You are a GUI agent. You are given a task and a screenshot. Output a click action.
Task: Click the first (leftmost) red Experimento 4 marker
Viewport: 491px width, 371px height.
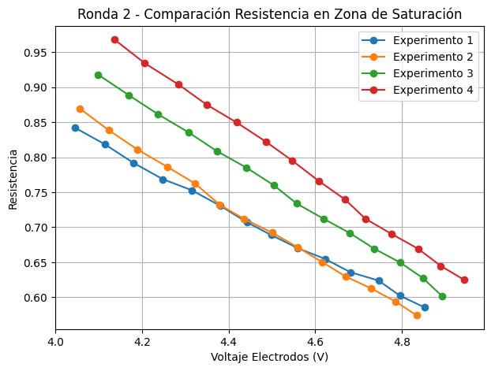[x=114, y=39]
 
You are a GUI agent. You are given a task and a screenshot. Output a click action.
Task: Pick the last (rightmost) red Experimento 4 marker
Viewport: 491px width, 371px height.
[x=464, y=280]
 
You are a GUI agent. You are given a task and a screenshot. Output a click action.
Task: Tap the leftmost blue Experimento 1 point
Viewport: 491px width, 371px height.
[x=75, y=128]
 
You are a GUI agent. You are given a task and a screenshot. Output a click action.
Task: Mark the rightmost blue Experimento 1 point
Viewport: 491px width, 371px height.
[x=425, y=307]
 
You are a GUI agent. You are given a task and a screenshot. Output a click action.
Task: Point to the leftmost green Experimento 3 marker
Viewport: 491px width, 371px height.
[x=98, y=75]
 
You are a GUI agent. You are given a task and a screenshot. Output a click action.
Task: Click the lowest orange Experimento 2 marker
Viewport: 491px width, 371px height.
[x=417, y=315]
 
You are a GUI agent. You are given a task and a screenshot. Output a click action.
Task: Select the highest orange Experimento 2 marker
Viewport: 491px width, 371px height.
[x=80, y=109]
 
